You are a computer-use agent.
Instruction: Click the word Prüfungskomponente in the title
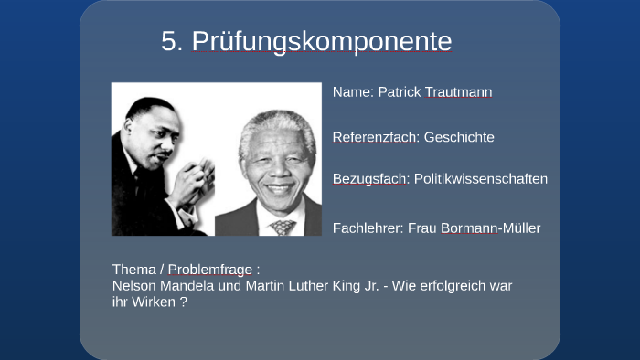tap(321, 42)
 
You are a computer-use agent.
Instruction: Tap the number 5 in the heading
tap(170, 42)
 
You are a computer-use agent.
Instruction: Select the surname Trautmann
tap(459, 92)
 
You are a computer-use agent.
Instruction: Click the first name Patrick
tap(400, 92)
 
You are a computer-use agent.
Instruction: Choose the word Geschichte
tap(459, 137)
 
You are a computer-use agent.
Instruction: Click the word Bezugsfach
tap(371, 178)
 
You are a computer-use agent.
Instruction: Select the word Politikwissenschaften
tap(481, 178)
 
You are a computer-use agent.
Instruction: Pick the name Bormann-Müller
tap(492, 228)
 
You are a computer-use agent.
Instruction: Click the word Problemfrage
tap(210, 270)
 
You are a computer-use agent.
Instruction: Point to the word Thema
tap(133, 270)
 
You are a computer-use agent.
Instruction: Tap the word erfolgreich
tap(445, 285)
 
